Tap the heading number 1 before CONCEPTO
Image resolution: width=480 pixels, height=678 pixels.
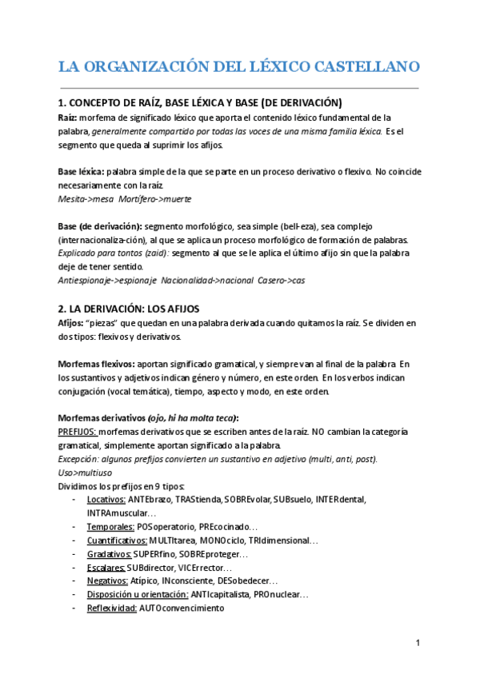(x=62, y=102)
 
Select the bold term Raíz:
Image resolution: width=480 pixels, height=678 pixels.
(x=68, y=117)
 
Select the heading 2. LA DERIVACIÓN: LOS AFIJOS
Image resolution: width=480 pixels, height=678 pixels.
(x=129, y=309)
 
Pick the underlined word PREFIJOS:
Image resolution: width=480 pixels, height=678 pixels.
(x=78, y=432)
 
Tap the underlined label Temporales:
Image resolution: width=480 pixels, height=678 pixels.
(x=111, y=527)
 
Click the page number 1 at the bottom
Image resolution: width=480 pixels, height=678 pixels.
(x=418, y=644)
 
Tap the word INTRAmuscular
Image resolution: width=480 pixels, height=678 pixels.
(x=122, y=512)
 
